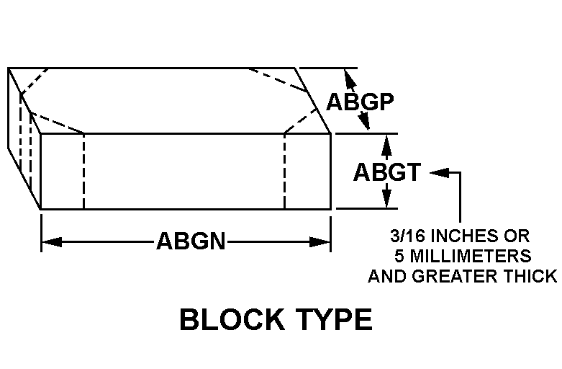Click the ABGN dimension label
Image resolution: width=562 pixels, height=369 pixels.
pos(191,241)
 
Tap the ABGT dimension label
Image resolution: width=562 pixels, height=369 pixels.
pos(387,172)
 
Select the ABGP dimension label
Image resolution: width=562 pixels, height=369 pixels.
pos(360,102)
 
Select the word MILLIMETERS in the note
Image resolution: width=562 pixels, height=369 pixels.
pos(469,256)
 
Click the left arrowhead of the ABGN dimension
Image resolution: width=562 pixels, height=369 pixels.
pos(52,242)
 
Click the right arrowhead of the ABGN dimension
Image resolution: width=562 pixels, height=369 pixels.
pos(319,242)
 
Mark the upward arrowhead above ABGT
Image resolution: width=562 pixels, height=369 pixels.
pos(386,144)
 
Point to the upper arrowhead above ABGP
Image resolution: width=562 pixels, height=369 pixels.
pos(350,79)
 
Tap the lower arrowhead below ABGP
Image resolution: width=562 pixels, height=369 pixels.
pos(364,120)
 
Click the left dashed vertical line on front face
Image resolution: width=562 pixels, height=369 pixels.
pos(83,171)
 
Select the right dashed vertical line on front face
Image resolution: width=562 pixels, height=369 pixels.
pos(284,171)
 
